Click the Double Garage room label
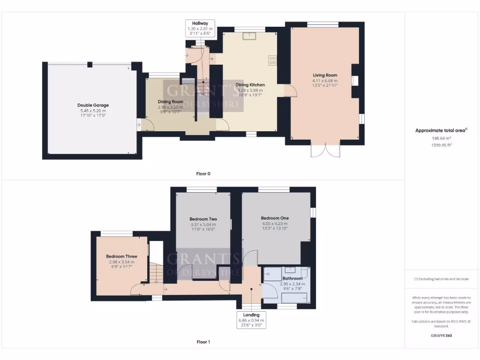point(93,105)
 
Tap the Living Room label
point(325,75)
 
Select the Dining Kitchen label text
point(250,85)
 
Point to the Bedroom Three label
point(121,256)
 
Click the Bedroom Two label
point(203,219)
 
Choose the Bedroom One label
point(275,218)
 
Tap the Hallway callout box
point(200,28)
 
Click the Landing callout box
point(251,320)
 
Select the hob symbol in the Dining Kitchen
point(272,60)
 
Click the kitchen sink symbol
point(249,36)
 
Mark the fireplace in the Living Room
point(355,81)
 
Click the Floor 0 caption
point(203,173)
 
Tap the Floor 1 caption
point(203,342)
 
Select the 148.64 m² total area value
point(441,138)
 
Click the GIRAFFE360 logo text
point(441,336)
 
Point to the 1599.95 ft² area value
point(441,145)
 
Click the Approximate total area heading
point(441,131)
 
